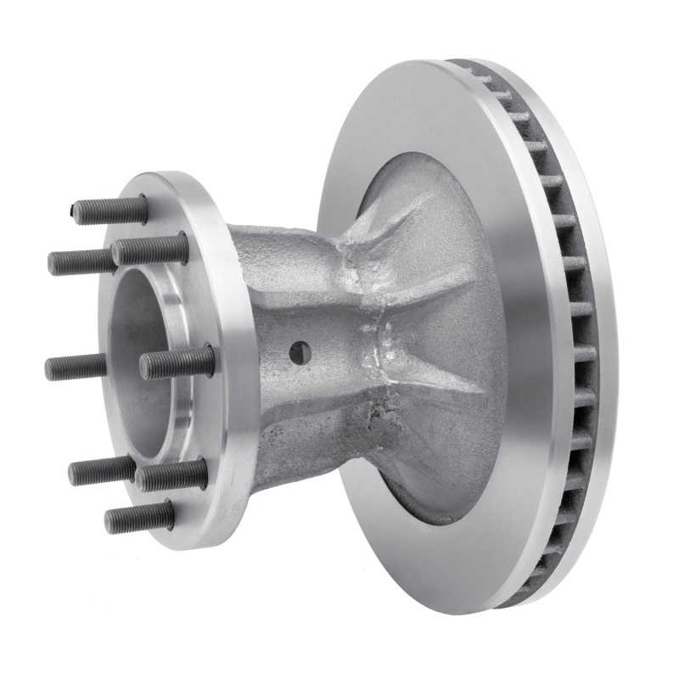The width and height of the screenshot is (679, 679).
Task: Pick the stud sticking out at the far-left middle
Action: pos(76,368)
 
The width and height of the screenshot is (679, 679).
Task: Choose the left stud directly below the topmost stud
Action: pos(81,261)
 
